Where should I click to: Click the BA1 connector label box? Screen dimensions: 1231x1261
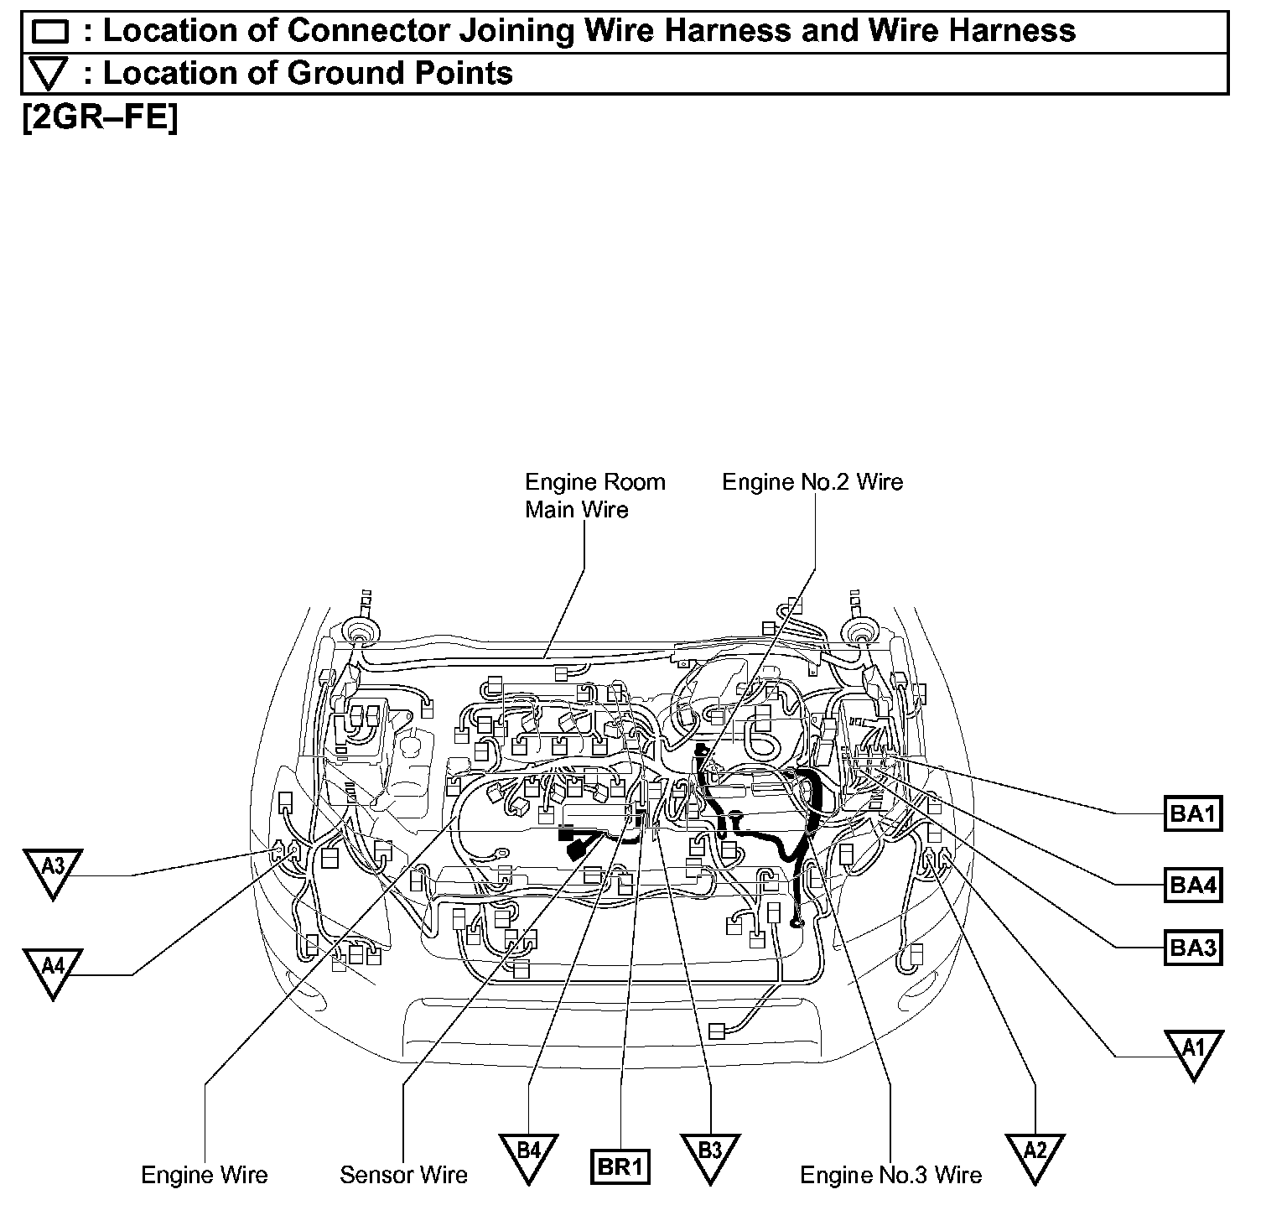click(x=1193, y=813)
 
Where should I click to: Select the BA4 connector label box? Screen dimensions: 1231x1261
click(x=1193, y=885)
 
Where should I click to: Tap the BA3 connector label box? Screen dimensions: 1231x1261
click(x=1193, y=948)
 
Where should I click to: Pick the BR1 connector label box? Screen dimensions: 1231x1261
click(x=620, y=1166)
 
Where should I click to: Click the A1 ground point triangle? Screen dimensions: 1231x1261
click(x=1193, y=1051)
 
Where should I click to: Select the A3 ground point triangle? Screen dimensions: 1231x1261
click(x=52, y=870)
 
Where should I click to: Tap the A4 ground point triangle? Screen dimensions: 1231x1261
click(x=52, y=969)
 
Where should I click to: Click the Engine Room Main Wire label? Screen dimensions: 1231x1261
click(x=594, y=496)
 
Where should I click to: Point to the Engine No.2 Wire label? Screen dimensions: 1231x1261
click(x=812, y=482)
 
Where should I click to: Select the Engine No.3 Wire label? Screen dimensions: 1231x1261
click(x=890, y=1175)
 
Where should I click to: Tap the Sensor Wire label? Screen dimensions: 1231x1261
click(x=403, y=1175)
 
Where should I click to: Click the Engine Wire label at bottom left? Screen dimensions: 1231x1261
click(x=205, y=1175)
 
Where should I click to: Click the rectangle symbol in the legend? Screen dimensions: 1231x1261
click(x=49, y=32)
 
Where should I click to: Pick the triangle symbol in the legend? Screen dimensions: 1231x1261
click(x=49, y=75)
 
